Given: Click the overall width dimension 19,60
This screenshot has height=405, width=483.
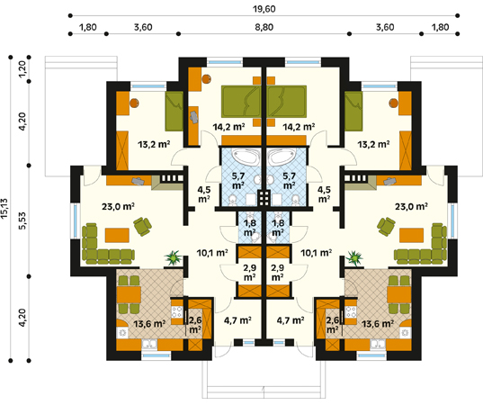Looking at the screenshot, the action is (264, 9).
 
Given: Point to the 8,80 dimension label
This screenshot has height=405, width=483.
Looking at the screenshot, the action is (264, 27).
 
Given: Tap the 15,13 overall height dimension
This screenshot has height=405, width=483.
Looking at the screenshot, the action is (4, 209).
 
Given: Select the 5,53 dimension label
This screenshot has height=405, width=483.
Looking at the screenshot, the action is (22, 220).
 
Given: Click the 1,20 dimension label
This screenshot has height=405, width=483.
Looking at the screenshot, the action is (22, 69).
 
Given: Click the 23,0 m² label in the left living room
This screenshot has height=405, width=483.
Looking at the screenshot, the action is (118, 206).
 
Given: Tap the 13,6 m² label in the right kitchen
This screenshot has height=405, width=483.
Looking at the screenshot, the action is (378, 324).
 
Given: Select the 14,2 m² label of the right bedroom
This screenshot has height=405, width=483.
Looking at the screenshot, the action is (299, 127).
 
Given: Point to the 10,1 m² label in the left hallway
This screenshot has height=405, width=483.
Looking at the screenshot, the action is (212, 253).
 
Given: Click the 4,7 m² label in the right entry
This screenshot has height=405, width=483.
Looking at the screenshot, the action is (291, 320).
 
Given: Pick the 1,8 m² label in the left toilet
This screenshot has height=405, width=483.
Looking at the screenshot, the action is (249, 227).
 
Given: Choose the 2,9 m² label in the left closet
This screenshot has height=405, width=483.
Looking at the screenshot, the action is (249, 273).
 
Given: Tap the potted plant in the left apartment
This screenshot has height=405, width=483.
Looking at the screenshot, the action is (174, 257).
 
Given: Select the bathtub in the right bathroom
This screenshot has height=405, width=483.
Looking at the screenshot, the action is (282, 157).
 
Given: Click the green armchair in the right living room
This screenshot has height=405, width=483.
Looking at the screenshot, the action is (386, 226).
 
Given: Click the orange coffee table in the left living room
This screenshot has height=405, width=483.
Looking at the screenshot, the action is (117, 235).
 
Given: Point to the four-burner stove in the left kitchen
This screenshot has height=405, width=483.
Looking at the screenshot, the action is (177, 312).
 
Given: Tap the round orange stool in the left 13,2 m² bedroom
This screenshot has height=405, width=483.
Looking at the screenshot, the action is (134, 103).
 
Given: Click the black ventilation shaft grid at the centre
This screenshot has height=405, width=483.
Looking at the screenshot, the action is (264, 198).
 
